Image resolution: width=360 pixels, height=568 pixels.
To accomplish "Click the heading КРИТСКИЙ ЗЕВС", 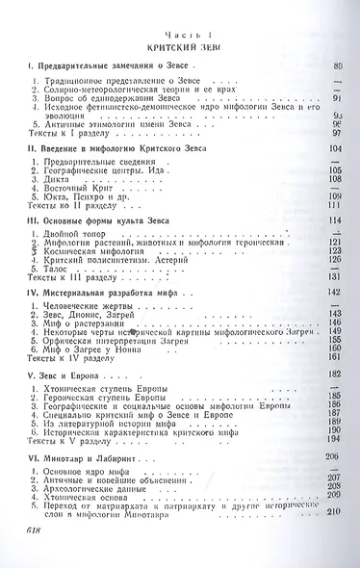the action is click(179, 45).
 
